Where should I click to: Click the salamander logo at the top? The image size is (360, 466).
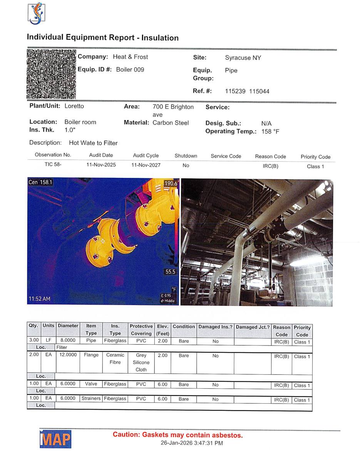36,13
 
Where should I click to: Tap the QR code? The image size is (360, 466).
51,74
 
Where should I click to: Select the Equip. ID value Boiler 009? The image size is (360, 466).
130,70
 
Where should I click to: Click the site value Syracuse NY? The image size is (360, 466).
243,58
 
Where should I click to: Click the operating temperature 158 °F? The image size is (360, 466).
270,132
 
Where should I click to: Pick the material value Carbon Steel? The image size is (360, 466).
171,123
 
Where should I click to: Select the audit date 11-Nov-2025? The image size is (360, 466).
101,165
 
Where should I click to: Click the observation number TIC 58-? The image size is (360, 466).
53,165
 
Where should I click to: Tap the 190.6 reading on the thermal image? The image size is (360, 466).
171,184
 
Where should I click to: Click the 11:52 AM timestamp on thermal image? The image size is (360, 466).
39,299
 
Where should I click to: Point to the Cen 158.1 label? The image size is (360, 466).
40,182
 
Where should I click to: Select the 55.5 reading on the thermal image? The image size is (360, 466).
170,272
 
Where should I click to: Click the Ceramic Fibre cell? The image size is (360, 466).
115,359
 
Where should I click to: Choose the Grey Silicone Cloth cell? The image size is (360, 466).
141,362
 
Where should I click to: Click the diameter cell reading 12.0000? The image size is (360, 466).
68,355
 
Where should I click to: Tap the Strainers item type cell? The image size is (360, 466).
91,399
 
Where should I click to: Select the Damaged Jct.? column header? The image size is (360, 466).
253,327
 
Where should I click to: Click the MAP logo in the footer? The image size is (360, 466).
55,439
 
